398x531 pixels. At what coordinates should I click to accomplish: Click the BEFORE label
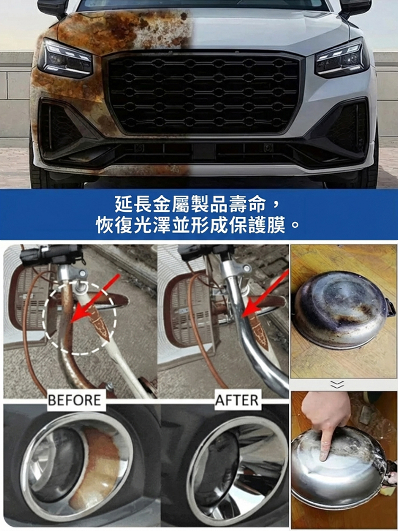75,400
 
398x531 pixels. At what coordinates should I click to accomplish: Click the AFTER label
237,400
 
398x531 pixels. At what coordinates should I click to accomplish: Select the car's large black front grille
202,92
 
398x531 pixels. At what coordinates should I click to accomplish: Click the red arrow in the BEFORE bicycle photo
95,297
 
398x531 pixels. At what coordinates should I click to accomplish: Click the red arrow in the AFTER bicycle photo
266,294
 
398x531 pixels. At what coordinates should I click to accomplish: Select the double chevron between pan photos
338,384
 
